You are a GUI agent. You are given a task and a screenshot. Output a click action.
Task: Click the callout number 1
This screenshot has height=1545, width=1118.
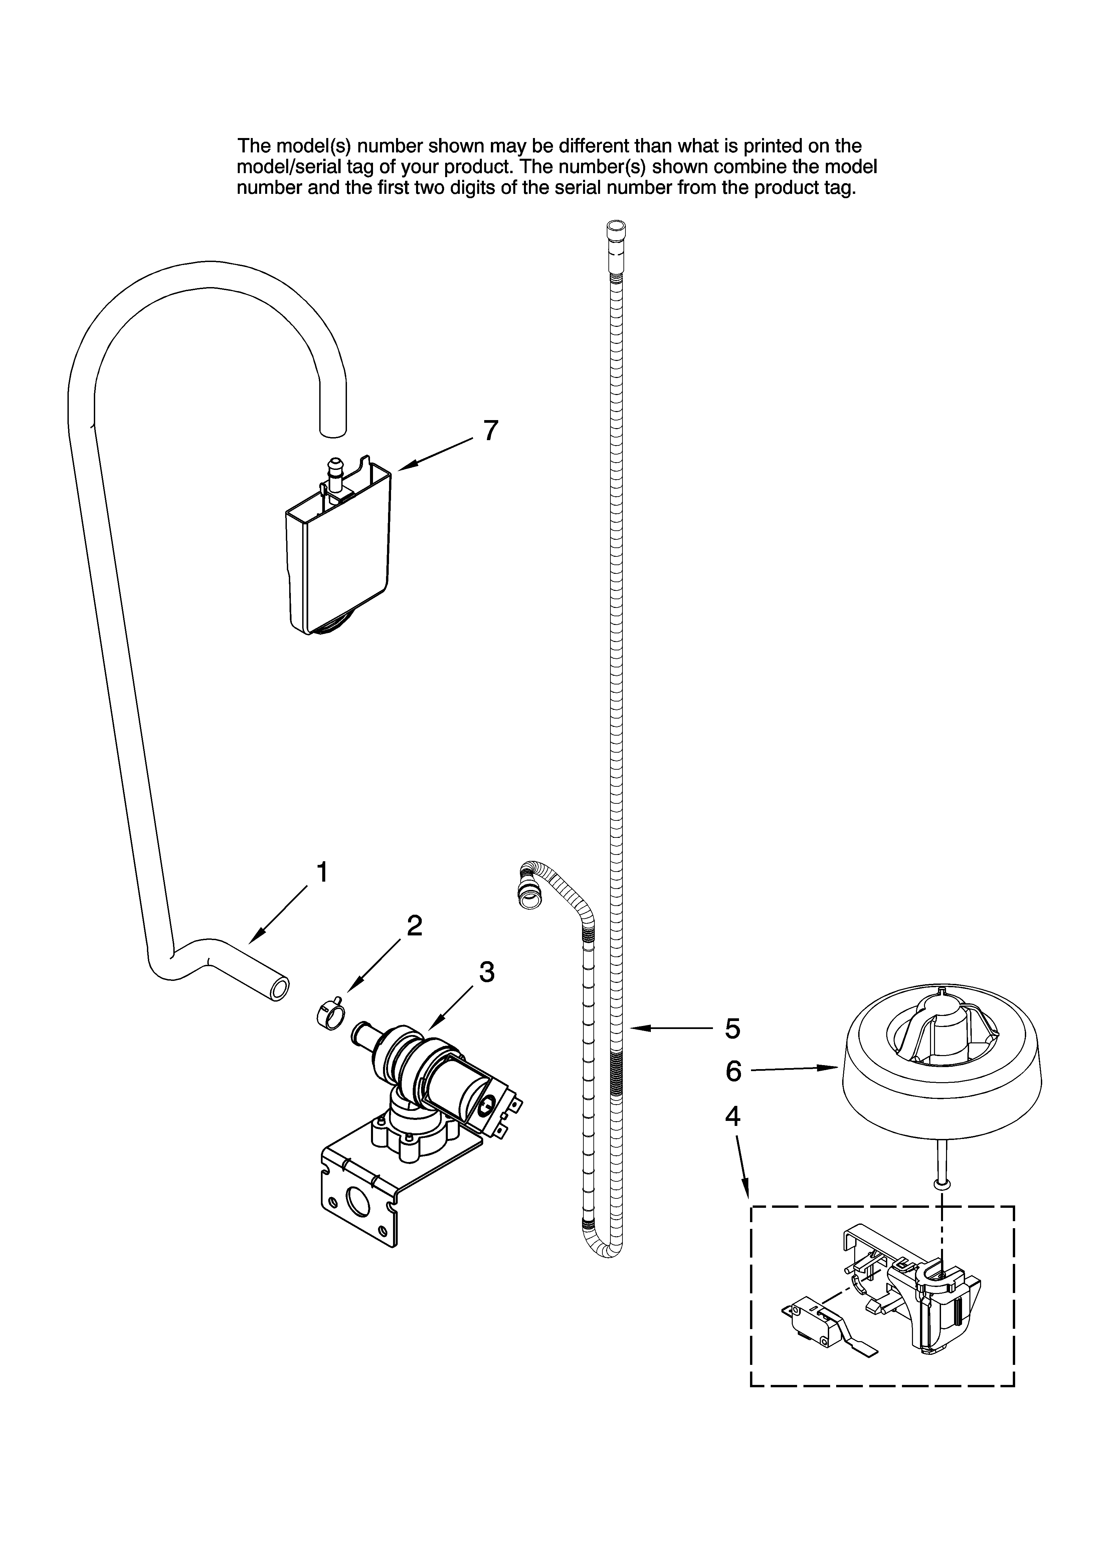point(322,873)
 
